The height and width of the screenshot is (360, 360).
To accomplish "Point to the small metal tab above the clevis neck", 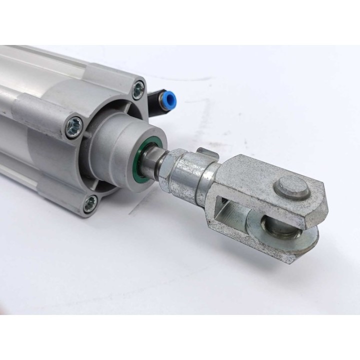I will click(x=202, y=150).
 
